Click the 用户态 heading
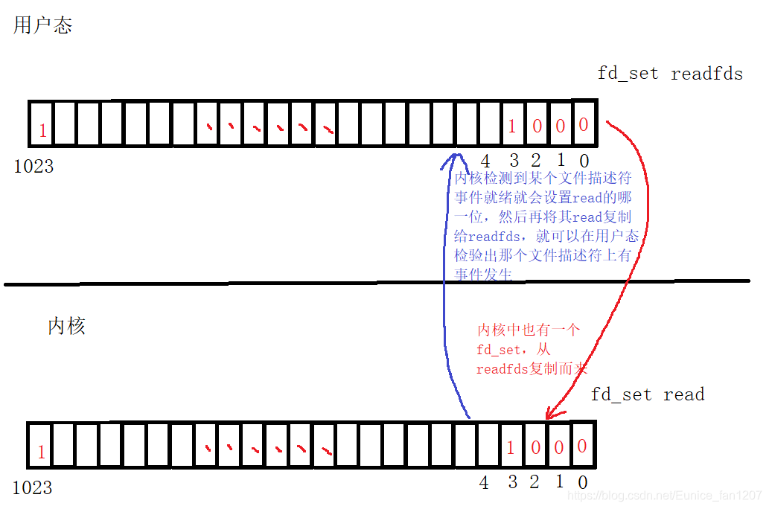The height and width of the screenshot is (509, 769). (42, 26)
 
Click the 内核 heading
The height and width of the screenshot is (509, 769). (67, 326)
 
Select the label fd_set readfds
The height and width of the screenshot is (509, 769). (670, 74)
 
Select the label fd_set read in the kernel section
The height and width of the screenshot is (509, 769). (647, 394)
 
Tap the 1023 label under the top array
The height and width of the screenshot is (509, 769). (33, 166)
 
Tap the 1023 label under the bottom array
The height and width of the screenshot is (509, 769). (33, 487)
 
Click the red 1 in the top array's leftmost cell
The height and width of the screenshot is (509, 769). (42, 132)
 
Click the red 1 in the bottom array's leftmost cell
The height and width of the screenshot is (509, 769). (41, 452)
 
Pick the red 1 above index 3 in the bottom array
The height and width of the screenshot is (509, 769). (511, 448)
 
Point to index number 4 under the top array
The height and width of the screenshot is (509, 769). (485, 161)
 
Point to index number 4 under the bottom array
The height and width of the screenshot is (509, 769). (484, 483)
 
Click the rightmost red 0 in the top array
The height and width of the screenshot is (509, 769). (584, 124)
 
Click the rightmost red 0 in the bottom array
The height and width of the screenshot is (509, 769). (582, 446)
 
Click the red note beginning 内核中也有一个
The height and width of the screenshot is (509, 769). (532, 349)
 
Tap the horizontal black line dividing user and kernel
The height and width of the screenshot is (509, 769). (223, 283)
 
